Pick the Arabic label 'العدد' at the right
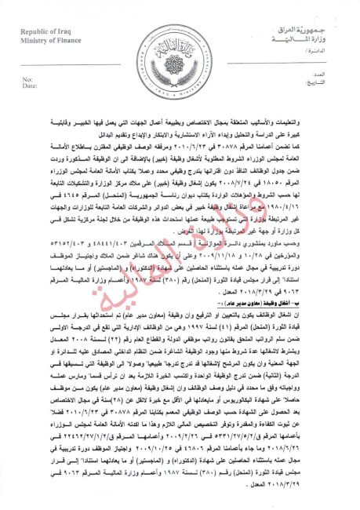pos(330,79)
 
